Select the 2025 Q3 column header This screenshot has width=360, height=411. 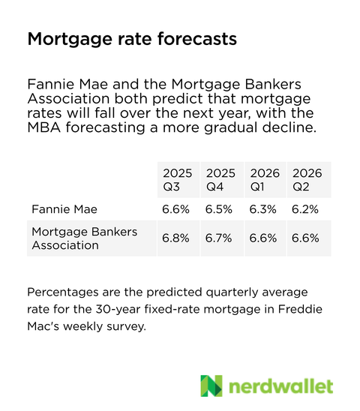coord(177,179)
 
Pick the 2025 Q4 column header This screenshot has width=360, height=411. coord(220,179)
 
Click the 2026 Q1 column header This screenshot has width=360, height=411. coord(265,179)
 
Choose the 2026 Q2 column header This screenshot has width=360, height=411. coord(307,179)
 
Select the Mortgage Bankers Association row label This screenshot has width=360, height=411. coord(84,238)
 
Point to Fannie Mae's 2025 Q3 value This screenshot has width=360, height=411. coord(177,208)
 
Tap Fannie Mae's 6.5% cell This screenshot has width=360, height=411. coord(220,208)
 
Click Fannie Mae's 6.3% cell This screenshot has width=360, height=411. coord(265,208)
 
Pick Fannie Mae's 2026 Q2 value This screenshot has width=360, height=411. coord(307,208)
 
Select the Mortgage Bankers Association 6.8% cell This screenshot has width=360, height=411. coord(177,238)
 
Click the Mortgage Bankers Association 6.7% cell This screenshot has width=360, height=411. coord(220,238)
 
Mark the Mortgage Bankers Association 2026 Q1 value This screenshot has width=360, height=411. coord(265,238)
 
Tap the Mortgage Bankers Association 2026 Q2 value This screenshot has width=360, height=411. coord(307,238)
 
